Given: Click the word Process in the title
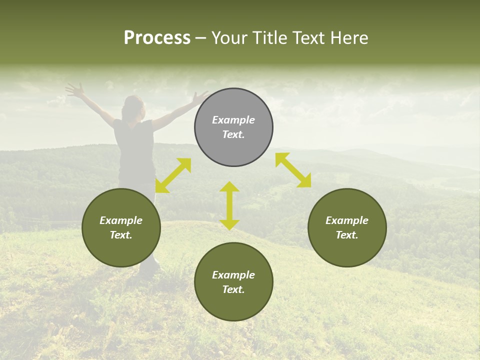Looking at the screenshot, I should coord(157,38).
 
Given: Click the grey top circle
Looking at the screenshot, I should coord(233,127).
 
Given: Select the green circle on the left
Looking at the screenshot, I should coord(121,227).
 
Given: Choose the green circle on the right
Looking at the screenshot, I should coord(347,227).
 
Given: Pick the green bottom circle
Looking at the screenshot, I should coord(233,281).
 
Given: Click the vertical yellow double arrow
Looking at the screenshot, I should coord(229,205).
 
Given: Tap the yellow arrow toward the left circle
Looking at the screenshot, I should coord(173,175).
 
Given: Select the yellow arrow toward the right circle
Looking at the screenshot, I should coord(293,170).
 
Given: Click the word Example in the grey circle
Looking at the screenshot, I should coord(233,120).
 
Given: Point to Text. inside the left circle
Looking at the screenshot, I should coord(121,235).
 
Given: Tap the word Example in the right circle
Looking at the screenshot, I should coord(347,220).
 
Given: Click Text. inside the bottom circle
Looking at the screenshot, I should coord(233,289).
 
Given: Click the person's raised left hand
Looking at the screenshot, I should coord(75,90).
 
